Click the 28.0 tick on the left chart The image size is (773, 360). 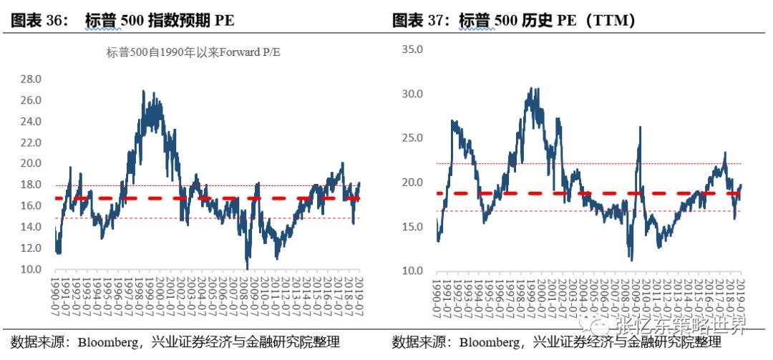click(x=31, y=79)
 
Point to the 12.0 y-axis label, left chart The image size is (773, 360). click(x=31, y=248)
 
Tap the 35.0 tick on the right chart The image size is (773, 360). click(x=413, y=49)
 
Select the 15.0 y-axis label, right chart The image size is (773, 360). click(x=413, y=227)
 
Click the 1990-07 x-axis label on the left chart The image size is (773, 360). click(x=57, y=293)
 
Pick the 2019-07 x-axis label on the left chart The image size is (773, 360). click(x=359, y=293)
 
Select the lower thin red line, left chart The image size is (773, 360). click(x=143, y=218)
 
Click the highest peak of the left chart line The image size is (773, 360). click(x=144, y=92)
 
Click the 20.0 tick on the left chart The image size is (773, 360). click(x=31, y=164)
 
